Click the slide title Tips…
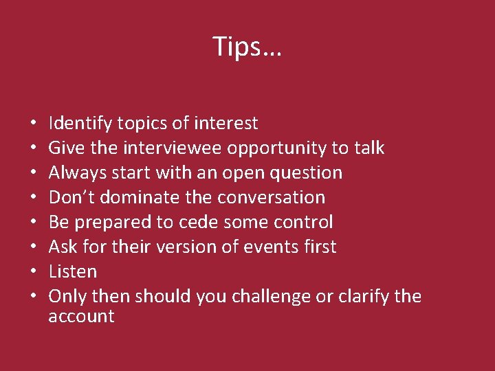coord(247,47)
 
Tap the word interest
coord(226,124)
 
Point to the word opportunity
coord(283,148)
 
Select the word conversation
coord(271,197)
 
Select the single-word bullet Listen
coord(73,271)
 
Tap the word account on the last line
coord(81,316)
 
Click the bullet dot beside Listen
coord(34,272)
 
